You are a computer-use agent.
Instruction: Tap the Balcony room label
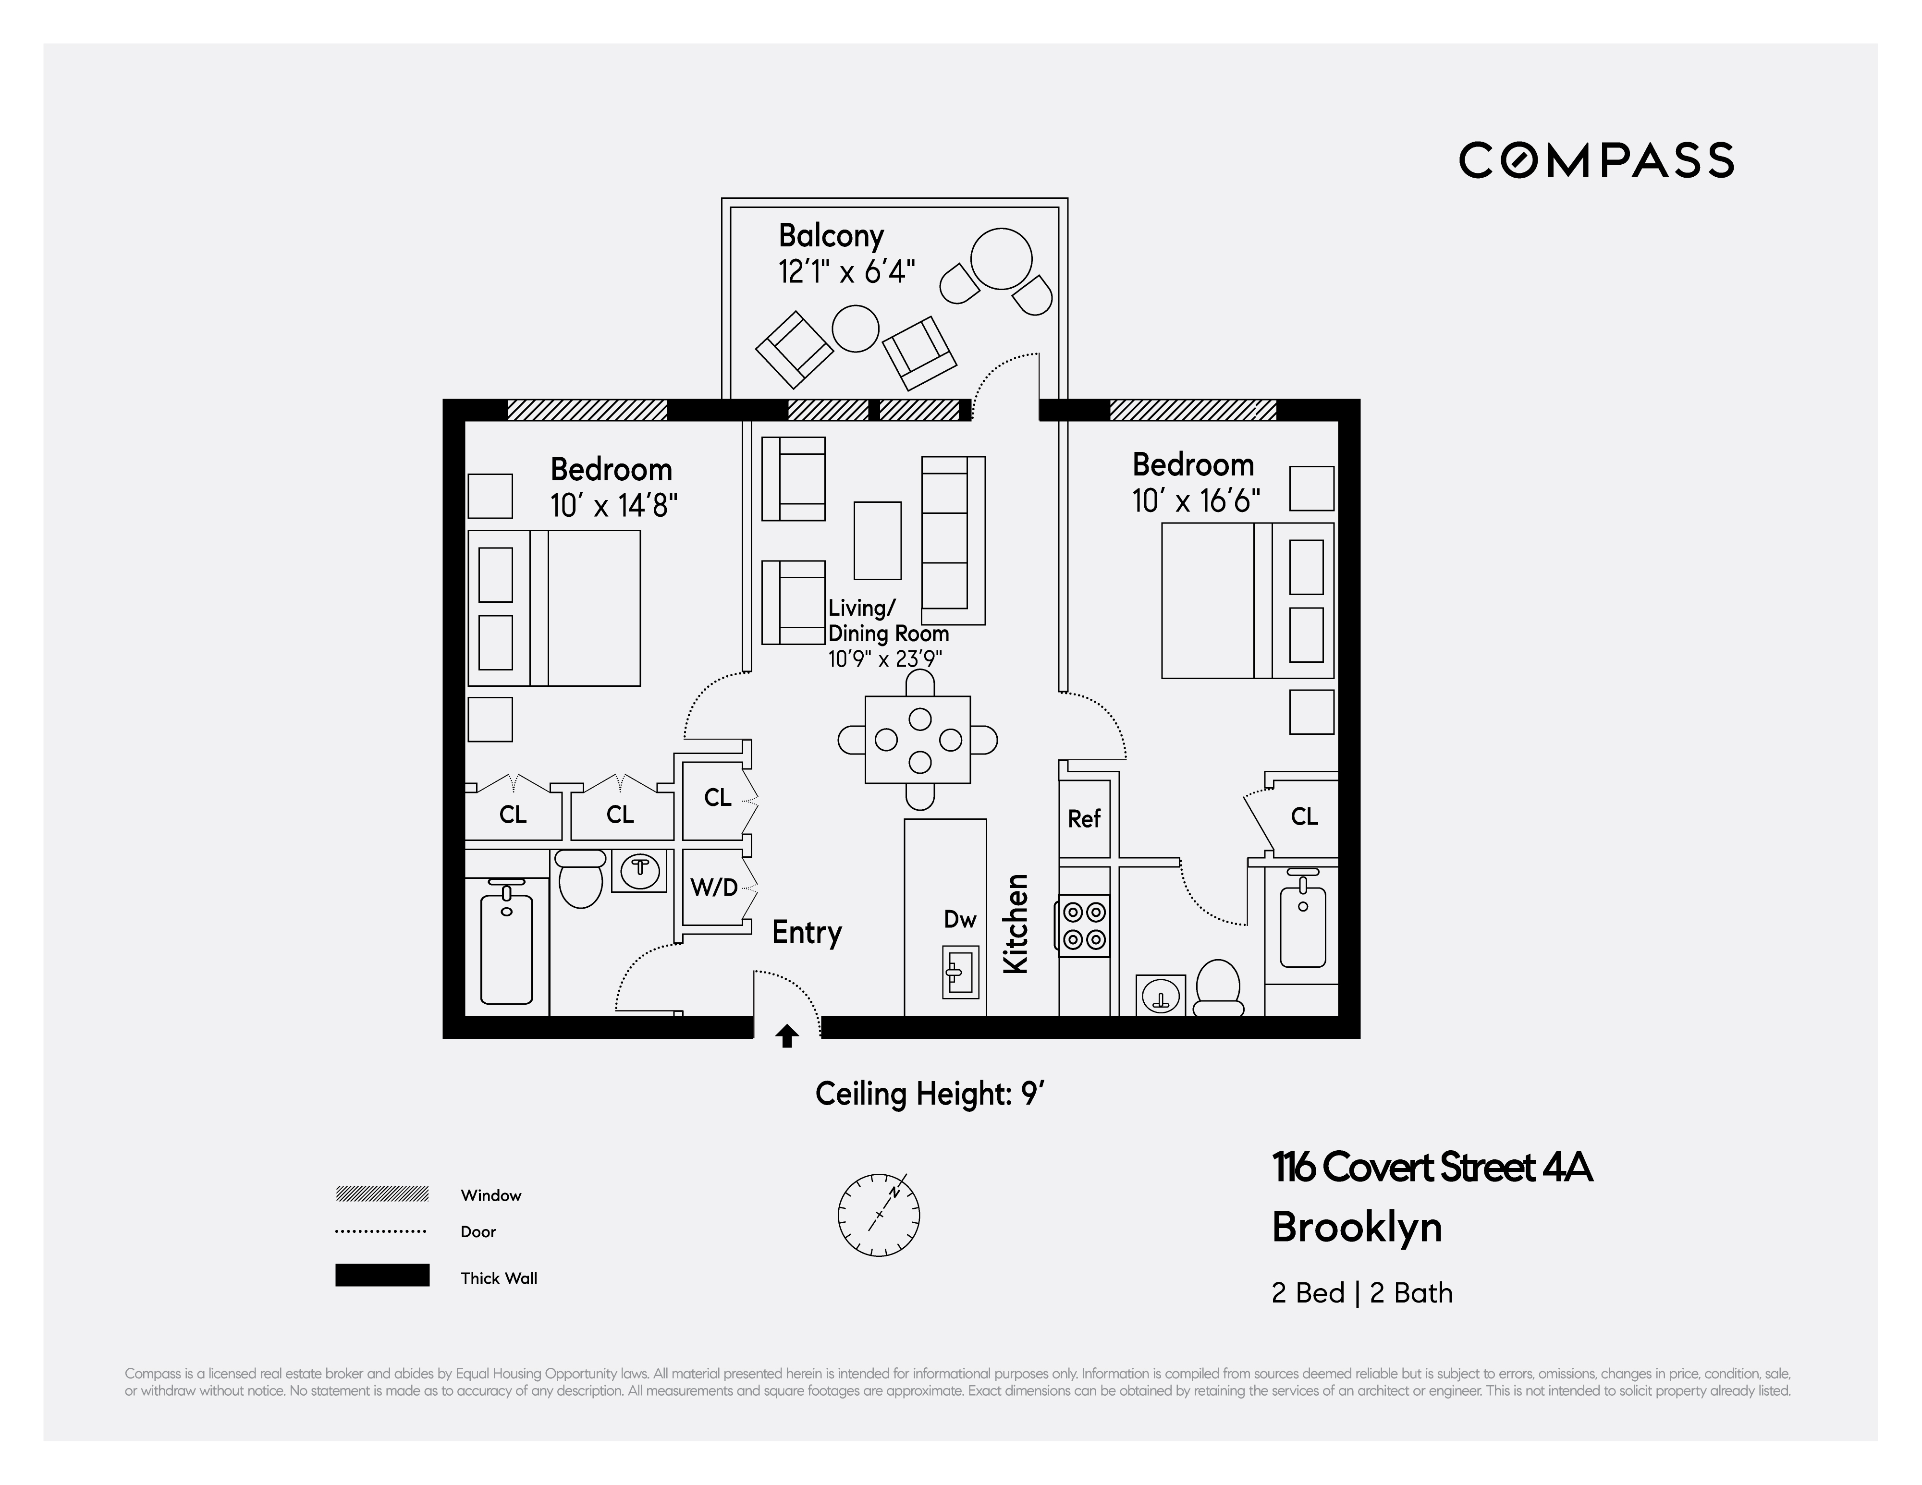(831, 236)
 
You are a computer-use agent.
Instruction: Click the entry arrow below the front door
(787, 1037)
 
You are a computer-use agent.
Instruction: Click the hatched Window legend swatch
(382, 1194)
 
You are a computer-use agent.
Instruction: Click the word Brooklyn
(1356, 1227)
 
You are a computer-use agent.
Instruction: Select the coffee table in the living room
(877, 540)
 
